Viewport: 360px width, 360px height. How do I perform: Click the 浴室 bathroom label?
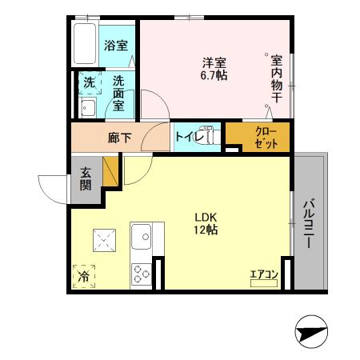coord(116,46)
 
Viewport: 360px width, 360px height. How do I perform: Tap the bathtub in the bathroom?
coord(82,44)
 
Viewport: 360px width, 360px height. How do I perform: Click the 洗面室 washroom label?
coord(118,93)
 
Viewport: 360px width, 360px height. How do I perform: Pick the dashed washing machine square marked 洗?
coord(89,82)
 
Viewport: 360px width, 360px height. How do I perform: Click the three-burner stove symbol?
coord(142,274)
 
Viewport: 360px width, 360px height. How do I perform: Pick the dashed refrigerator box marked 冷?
coord(84,276)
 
